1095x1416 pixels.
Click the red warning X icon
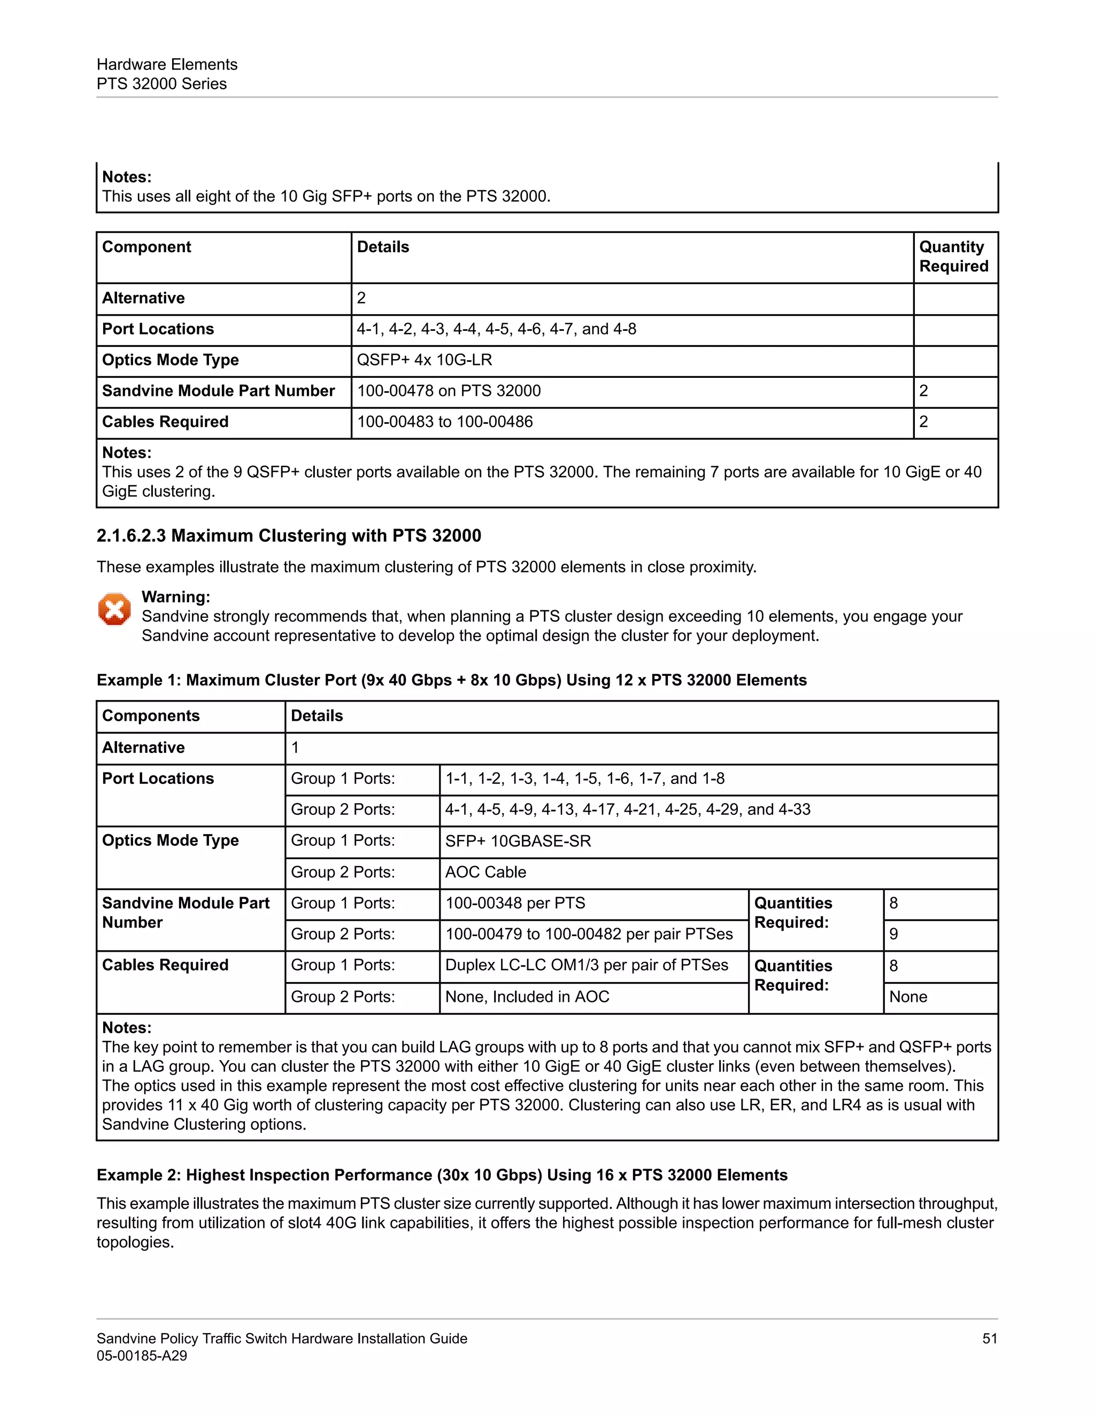coord(114,610)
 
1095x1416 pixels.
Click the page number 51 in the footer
coord(989,1338)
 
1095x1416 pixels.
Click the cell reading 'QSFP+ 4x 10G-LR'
coord(424,360)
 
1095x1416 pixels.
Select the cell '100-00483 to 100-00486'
coord(444,422)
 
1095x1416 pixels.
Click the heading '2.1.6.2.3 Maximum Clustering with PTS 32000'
coord(289,535)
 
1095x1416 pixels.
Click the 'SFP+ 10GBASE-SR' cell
coord(518,841)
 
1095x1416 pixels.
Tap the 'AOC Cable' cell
coord(485,872)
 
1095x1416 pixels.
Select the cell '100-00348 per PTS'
coord(515,903)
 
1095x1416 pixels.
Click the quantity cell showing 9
coord(894,934)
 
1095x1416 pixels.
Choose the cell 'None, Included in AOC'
coord(527,997)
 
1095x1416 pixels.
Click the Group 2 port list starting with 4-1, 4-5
coord(627,810)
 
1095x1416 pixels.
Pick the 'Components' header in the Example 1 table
coord(150,716)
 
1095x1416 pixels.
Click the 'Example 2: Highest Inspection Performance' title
coord(442,1175)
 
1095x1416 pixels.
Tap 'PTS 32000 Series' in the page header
coord(161,84)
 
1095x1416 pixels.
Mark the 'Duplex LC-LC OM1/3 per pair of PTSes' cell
coord(587,966)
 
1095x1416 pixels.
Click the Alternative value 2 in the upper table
coord(361,298)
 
